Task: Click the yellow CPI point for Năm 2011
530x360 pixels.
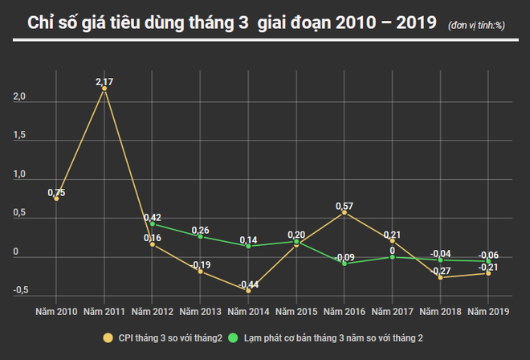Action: click(104, 88)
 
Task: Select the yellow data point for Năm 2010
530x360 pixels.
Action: click(56, 198)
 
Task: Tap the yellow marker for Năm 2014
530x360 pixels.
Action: click(248, 290)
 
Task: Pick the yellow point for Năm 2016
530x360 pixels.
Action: click(344, 213)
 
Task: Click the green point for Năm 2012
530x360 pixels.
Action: click(152, 224)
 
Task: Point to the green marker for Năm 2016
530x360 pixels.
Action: click(344, 264)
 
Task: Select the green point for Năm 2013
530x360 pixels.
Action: click(200, 236)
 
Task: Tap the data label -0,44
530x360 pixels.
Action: click(248, 284)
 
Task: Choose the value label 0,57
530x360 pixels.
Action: click(344, 206)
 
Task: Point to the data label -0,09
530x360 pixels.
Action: click(344, 257)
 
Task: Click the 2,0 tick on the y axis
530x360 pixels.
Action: click(19, 97)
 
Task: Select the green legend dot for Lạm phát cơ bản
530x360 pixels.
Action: click(235, 338)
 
